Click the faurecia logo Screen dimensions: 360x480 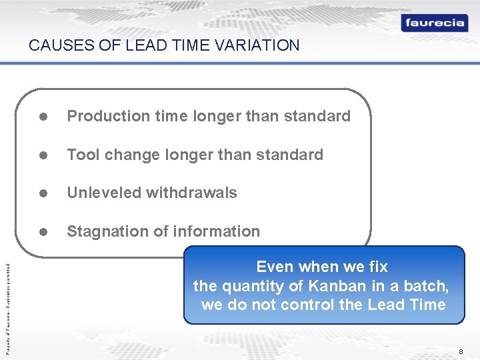point(434,23)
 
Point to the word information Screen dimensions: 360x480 point(221,231)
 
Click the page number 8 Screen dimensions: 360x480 point(461,351)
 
